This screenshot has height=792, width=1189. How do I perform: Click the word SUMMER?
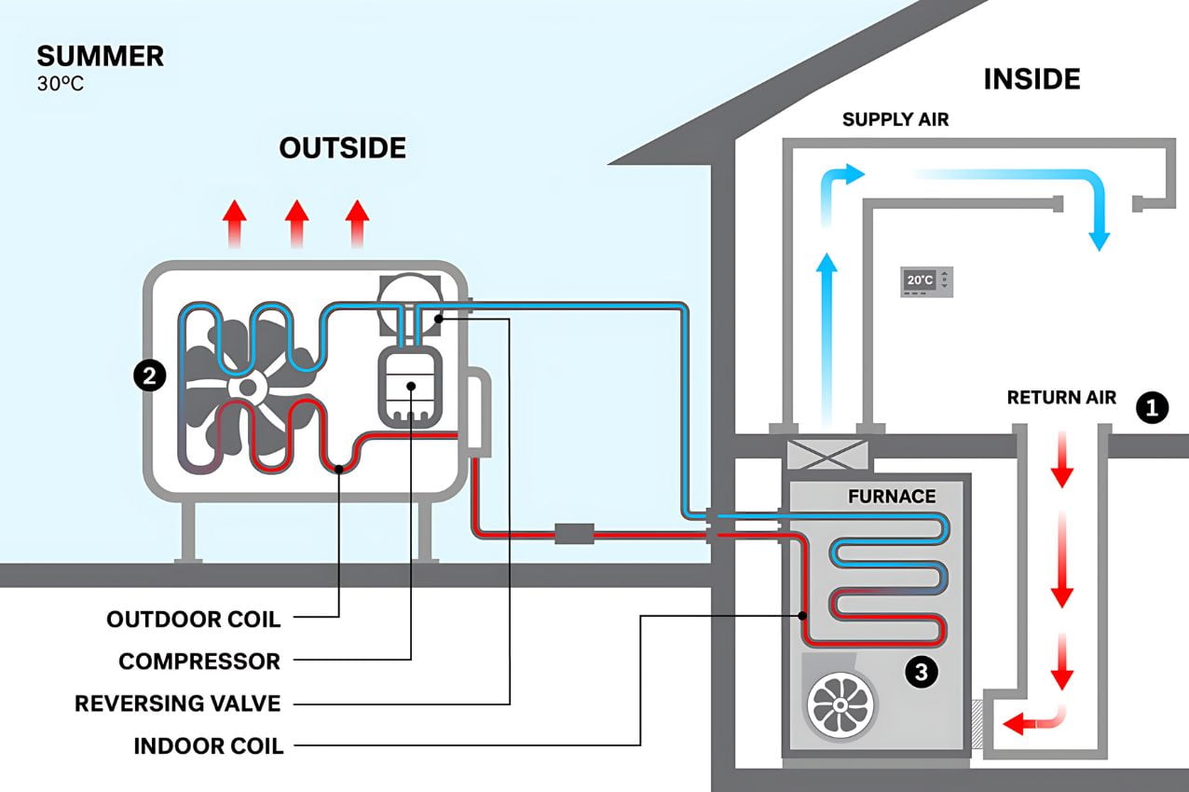101,56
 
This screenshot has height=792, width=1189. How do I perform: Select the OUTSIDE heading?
343,148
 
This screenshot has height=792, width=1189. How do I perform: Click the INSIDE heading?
1032,79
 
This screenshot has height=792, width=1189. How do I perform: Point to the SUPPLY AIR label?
895,119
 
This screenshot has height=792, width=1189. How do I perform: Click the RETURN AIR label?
1061,398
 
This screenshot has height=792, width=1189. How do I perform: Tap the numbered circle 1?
1153,408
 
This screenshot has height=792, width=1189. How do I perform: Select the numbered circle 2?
149,376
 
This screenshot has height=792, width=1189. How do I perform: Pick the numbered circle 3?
922,673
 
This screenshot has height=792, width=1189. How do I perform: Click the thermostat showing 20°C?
926,280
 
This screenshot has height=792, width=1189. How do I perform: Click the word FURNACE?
892,497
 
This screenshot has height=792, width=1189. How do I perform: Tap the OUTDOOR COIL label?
194,619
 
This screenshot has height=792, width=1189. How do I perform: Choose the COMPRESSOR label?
199,662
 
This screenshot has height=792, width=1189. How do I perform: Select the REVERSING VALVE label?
178,703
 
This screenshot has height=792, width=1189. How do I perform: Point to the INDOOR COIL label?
209,745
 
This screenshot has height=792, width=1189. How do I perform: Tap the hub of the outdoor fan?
247,387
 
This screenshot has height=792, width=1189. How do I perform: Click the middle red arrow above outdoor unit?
296,224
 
